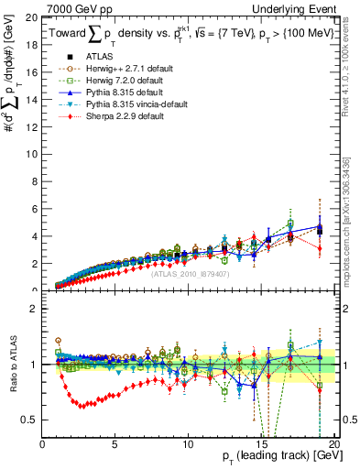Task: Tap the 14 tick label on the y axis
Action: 31,100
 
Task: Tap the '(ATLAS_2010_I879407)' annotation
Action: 190,273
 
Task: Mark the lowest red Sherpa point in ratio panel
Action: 82,405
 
